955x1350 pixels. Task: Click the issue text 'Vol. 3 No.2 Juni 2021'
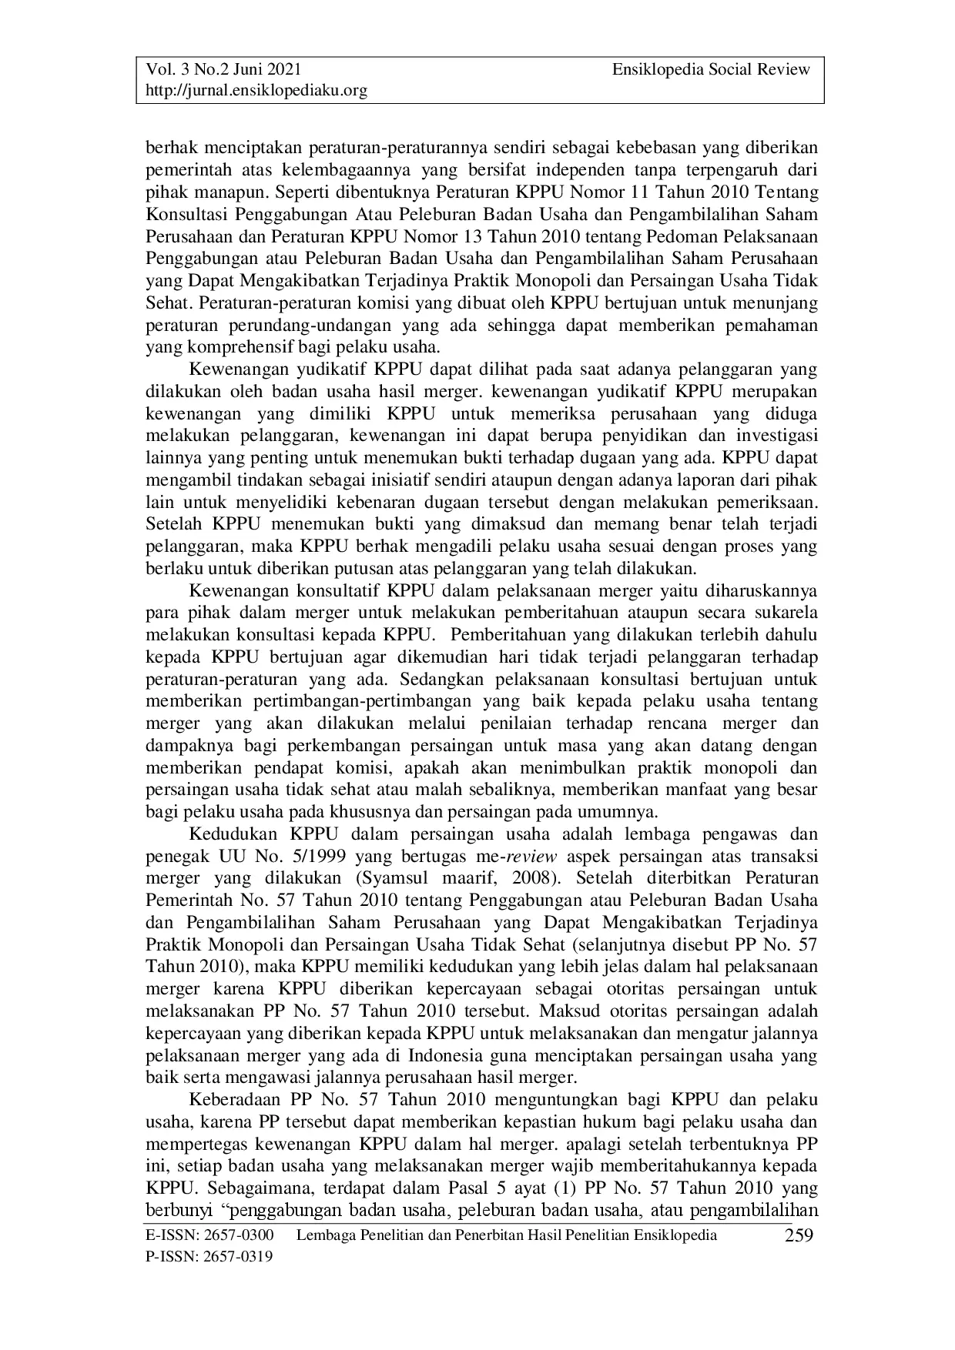point(223,70)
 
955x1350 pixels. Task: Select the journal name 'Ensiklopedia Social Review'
point(711,70)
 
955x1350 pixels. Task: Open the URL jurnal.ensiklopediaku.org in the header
point(256,91)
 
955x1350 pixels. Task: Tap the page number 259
point(799,1237)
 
